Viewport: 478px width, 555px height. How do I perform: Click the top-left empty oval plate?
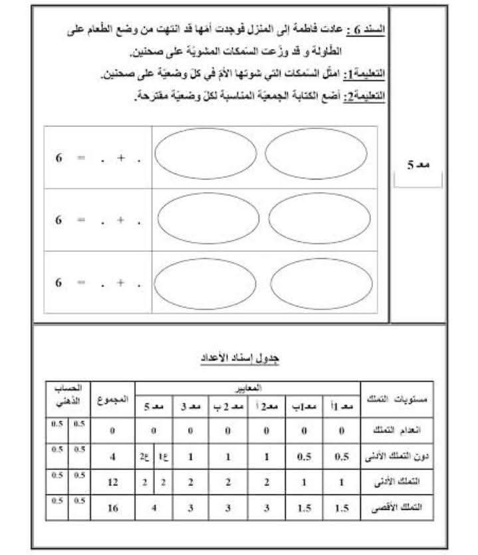click(x=205, y=154)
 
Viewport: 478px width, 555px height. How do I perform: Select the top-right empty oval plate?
click(x=316, y=154)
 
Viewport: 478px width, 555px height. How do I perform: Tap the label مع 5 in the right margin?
click(x=418, y=164)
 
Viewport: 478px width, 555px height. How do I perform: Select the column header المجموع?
click(x=112, y=399)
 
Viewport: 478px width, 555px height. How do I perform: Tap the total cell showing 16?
click(x=112, y=508)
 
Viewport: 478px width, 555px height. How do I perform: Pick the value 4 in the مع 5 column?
click(x=153, y=508)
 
